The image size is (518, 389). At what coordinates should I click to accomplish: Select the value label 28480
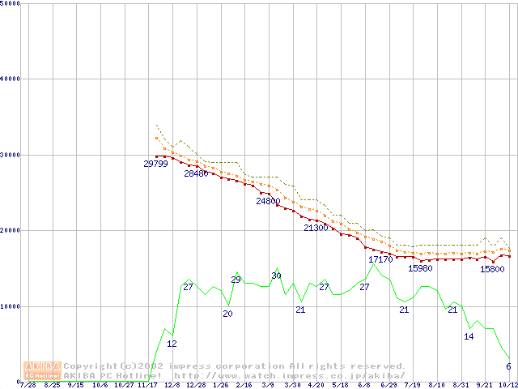point(196,173)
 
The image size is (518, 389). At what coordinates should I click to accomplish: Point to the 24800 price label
point(268,201)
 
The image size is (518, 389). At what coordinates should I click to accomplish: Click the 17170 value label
point(380,259)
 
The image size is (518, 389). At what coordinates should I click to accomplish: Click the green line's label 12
point(172,344)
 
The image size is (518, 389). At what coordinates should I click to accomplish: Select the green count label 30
point(276,276)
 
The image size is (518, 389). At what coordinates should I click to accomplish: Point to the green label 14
point(469,336)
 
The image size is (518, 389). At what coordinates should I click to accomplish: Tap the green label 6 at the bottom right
point(508,366)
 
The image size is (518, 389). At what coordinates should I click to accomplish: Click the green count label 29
point(236,280)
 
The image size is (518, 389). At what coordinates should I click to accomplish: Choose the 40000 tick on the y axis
point(11,79)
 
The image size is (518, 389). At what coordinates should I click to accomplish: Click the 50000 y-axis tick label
point(11,3)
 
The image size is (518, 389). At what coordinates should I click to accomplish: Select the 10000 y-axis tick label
point(11,306)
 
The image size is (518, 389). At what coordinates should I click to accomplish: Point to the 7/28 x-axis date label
point(28,386)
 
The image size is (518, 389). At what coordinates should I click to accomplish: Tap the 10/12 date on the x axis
point(508,386)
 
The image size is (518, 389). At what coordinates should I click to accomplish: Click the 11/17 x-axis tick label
point(147,386)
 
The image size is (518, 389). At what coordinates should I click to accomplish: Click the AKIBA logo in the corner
point(43,370)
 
